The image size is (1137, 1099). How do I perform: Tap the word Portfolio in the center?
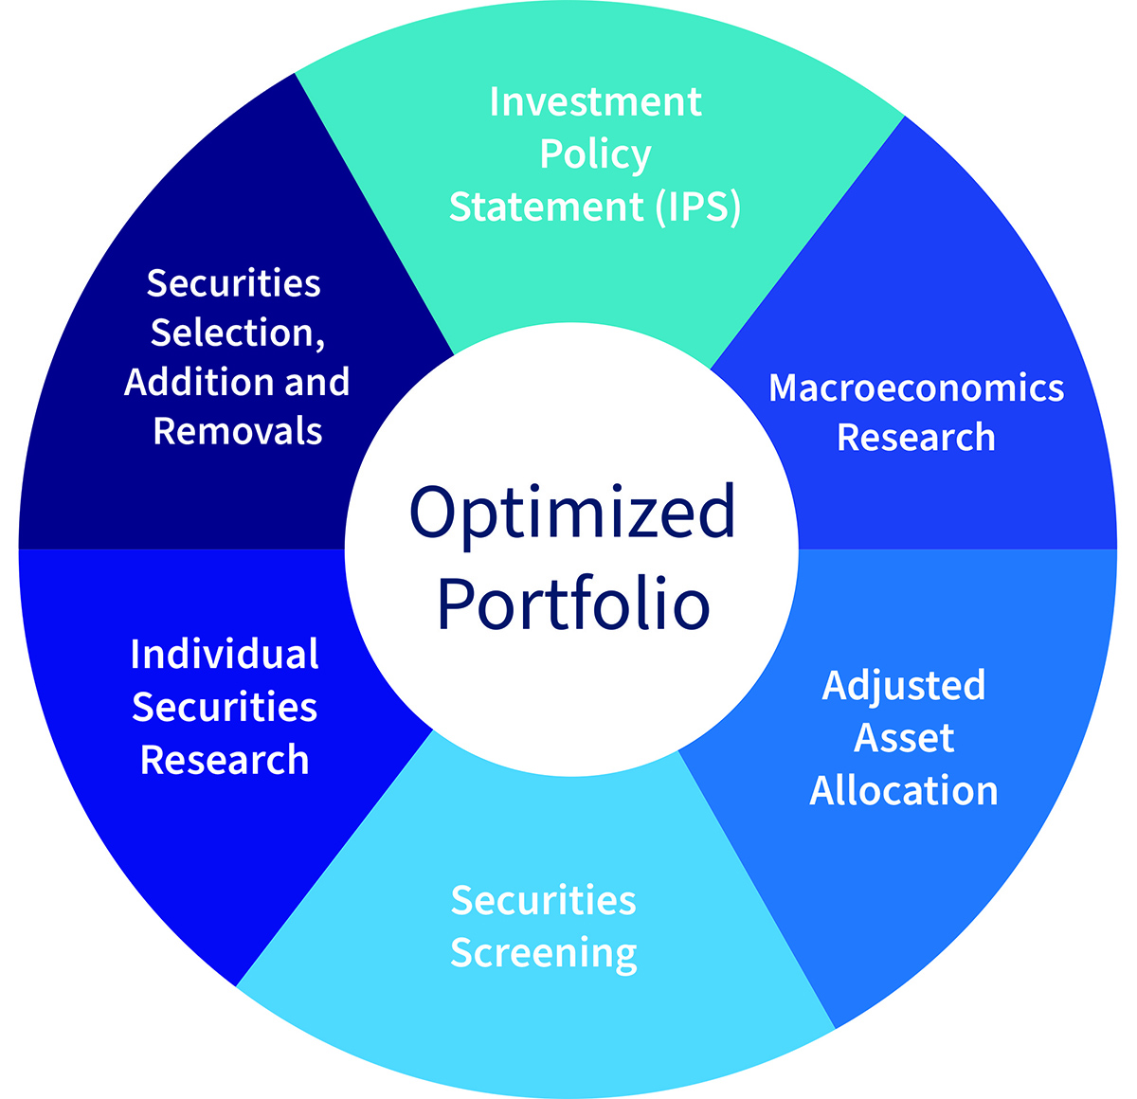573,604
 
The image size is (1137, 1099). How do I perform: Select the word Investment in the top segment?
595,102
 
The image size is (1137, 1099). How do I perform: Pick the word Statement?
547,207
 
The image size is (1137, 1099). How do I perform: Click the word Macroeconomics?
916,388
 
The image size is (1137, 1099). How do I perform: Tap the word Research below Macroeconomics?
916,438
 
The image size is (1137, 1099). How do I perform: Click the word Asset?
904,738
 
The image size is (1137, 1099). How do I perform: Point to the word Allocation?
904,790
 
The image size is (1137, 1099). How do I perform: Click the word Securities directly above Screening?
543,900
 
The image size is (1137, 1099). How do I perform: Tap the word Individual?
225,654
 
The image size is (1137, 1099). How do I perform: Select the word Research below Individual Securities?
225,760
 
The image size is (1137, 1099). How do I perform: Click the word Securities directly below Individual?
225,707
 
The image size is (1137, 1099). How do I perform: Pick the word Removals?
238,431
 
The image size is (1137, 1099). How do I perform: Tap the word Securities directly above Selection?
234,283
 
